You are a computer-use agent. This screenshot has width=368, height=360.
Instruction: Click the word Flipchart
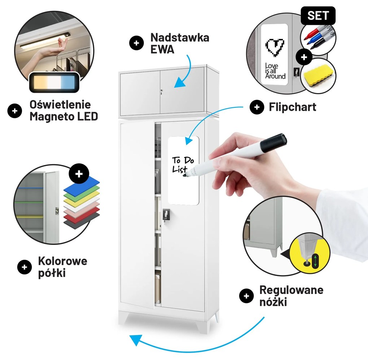point(293,107)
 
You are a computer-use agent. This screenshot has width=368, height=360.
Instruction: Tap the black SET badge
point(318,16)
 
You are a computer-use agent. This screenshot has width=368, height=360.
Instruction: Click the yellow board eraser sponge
point(316,74)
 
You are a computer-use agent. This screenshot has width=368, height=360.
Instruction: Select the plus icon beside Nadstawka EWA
point(136,43)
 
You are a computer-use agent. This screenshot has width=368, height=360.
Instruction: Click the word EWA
point(162,49)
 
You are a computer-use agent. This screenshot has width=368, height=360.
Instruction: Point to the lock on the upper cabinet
point(162,92)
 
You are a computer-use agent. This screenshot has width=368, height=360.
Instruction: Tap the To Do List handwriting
point(183,164)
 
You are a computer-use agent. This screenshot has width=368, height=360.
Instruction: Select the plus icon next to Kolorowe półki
point(25,267)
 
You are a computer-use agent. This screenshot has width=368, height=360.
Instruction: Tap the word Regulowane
point(291,290)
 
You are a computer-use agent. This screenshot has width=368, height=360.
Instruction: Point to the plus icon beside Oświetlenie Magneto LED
point(14,111)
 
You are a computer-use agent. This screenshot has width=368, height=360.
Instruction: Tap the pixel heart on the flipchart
point(275,47)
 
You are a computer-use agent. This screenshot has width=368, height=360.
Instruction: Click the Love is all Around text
point(275,71)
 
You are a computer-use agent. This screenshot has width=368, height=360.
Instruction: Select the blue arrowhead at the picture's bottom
point(136,340)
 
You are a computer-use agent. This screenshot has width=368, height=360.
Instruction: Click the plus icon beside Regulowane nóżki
point(246,296)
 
